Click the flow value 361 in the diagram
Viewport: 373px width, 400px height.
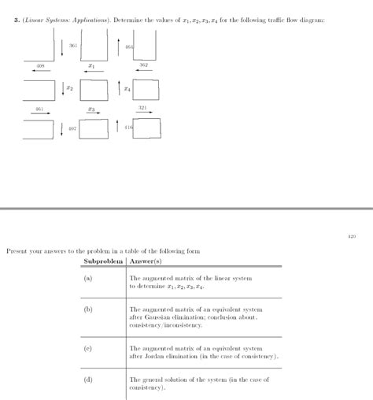pyautogui.click(x=73, y=47)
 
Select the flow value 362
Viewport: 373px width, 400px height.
pyautogui.click(x=143, y=65)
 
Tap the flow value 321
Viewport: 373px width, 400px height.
pyautogui.click(x=142, y=107)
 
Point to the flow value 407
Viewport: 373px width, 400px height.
pyautogui.click(x=72, y=128)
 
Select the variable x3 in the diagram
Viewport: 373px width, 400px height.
pyautogui.click(x=92, y=109)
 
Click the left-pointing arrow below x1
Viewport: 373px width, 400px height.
pyautogui.click(x=93, y=72)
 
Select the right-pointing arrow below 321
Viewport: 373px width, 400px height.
pyautogui.click(x=143, y=113)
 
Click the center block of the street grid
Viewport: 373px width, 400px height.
pyautogui.click(x=93, y=90)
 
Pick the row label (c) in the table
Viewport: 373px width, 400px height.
pyautogui.click(x=88, y=346)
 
